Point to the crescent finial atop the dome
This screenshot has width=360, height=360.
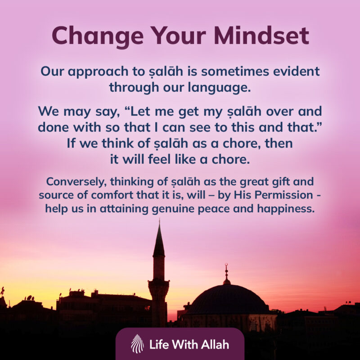(x=226, y=267)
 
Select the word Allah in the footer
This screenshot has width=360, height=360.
(x=213, y=345)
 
